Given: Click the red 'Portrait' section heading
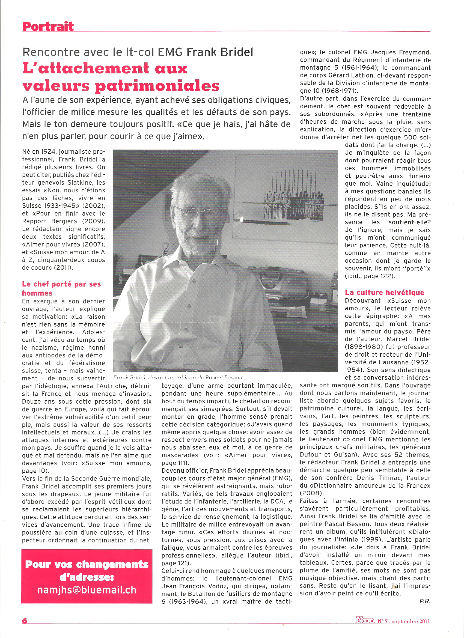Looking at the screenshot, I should point(48,26).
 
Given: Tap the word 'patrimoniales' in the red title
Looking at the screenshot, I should point(157,86).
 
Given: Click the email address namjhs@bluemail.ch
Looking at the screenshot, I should point(87,590).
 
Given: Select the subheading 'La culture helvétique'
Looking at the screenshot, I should point(384,292).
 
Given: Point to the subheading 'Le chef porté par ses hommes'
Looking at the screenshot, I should point(61,288).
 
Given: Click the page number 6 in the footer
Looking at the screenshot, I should point(25,621).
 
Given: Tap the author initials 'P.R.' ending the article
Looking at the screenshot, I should point(425,601).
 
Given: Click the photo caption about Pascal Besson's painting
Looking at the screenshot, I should point(179,377).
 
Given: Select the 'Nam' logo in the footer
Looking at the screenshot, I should point(365,620).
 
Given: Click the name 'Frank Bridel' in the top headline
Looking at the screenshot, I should point(220,52).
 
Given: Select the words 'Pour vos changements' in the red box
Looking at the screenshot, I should point(87,564).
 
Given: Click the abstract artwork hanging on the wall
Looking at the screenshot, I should point(293,194).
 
